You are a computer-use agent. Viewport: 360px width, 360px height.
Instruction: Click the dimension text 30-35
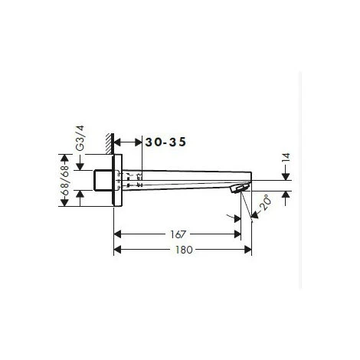coord(166,142)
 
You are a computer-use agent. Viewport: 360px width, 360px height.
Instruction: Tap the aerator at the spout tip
coord(242,187)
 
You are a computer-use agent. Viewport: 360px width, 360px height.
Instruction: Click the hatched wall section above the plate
coord(112,145)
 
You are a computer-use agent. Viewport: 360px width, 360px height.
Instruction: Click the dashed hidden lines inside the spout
coord(131,181)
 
